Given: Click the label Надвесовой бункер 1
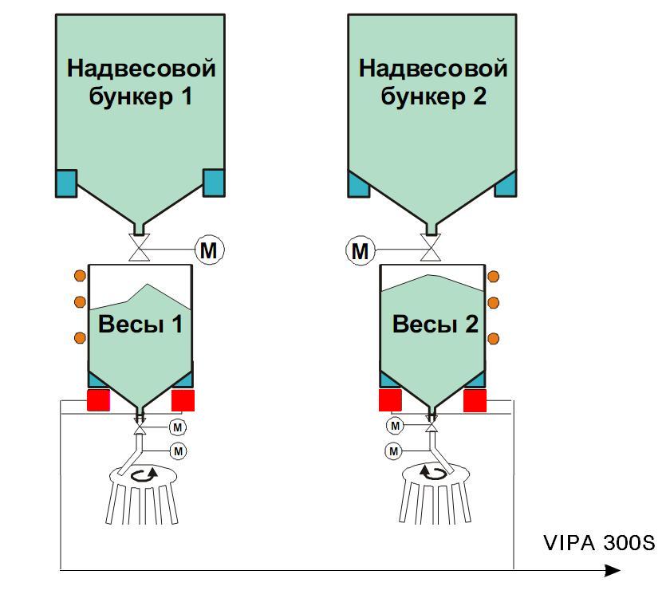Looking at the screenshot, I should pos(141,82).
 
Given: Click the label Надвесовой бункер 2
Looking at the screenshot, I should pos(433,82).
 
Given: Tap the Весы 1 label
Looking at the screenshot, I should pos(140,325).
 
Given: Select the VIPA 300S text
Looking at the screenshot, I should pos(599,544).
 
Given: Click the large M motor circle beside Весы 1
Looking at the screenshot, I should pos(208,250).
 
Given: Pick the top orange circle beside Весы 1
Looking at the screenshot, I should pos(80,276).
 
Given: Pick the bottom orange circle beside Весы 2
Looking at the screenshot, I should pos(493,337).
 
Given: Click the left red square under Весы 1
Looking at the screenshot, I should pos(98,399).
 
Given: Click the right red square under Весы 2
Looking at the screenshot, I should pos(475,399).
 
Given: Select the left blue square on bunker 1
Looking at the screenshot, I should pos(65,183).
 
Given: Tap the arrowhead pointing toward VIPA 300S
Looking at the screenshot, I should pos(612,570).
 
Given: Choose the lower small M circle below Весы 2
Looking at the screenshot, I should pos(393,451).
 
